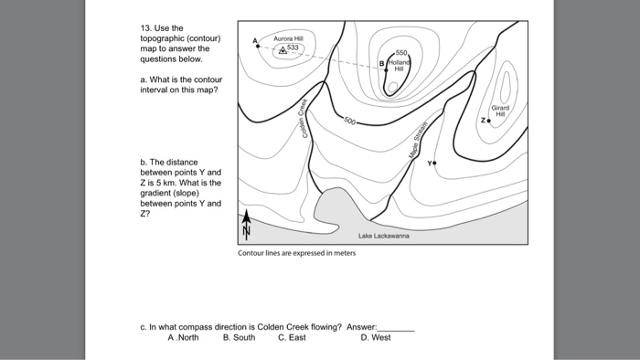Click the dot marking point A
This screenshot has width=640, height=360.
pyautogui.click(x=258, y=45)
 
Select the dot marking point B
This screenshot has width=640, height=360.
pyautogui.click(x=388, y=70)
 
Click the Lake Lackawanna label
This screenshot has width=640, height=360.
pyautogui.click(x=384, y=235)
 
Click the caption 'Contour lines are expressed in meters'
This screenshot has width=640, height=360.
pyautogui.click(x=296, y=253)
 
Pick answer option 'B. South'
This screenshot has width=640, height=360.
pyautogui.click(x=239, y=337)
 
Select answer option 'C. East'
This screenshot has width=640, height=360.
pyautogui.click(x=292, y=337)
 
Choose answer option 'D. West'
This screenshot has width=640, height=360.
pyautogui.click(x=376, y=337)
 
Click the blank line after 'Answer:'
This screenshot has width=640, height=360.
pyautogui.click(x=396, y=326)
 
